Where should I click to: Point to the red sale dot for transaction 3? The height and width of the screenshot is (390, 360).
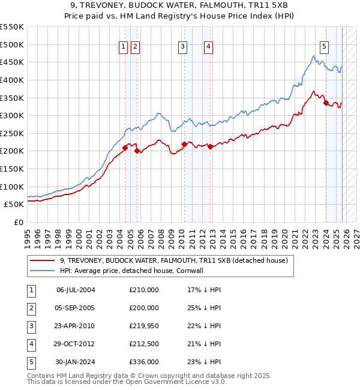point(184,144)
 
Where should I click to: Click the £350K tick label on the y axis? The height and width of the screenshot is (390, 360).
point(12,98)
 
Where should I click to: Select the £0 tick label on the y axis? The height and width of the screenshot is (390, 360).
point(17,222)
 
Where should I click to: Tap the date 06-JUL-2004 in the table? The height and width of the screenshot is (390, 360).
point(76,290)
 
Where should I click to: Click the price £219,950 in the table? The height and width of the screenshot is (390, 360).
point(144,326)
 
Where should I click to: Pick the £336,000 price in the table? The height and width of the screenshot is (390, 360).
point(144,362)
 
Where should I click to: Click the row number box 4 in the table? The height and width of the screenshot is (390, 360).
point(31,344)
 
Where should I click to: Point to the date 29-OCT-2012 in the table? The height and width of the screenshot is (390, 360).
point(76,344)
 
